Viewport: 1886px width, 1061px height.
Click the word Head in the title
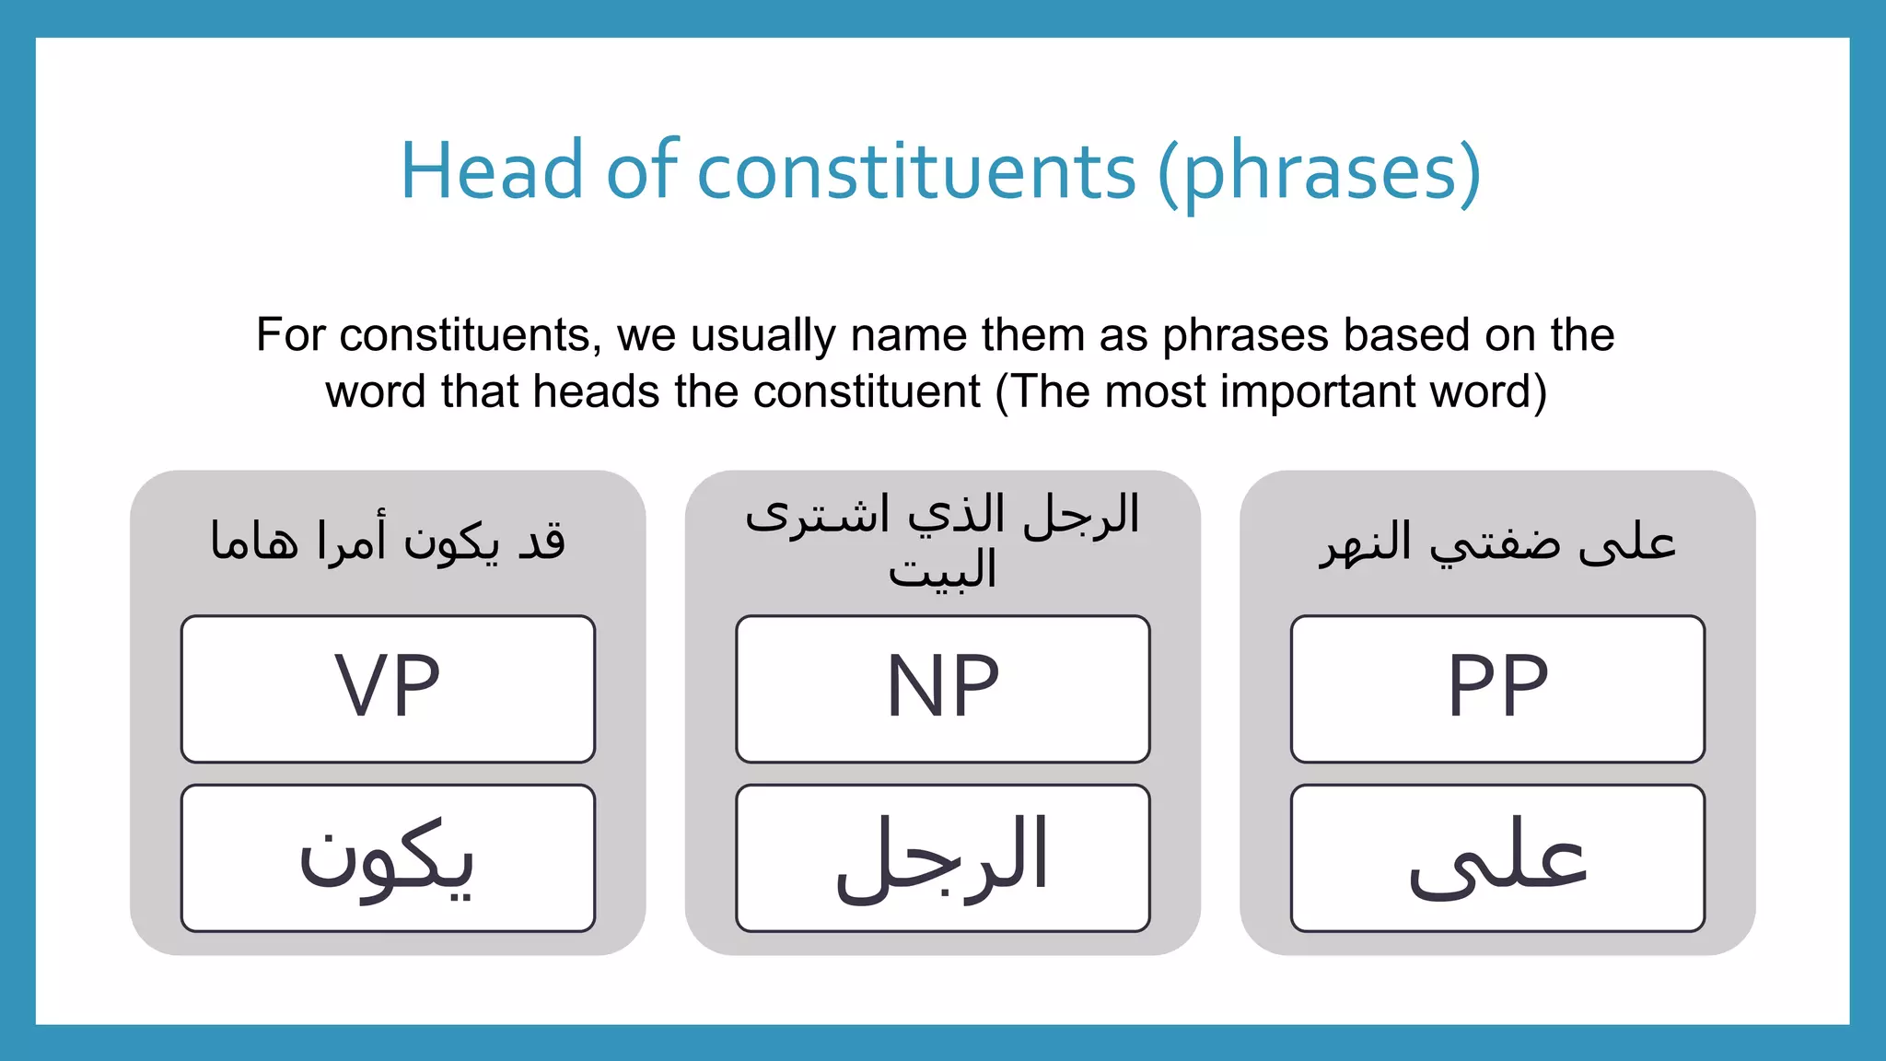click(491, 171)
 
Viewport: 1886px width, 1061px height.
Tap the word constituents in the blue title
click(916, 171)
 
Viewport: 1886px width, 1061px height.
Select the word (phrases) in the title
click(1319, 171)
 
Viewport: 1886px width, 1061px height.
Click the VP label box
click(388, 688)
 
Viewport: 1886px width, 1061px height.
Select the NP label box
click(942, 688)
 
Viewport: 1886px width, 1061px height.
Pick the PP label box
click(1497, 688)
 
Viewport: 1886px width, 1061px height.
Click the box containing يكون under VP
click(388, 857)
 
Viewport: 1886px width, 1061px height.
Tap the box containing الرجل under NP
click(942, 857)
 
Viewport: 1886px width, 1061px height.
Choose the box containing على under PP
click(1497, 857)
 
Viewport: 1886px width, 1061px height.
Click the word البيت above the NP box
click(942, 570)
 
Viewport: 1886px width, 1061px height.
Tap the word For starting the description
click(290, 335)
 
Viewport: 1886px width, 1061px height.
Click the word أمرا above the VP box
click(352, 542)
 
